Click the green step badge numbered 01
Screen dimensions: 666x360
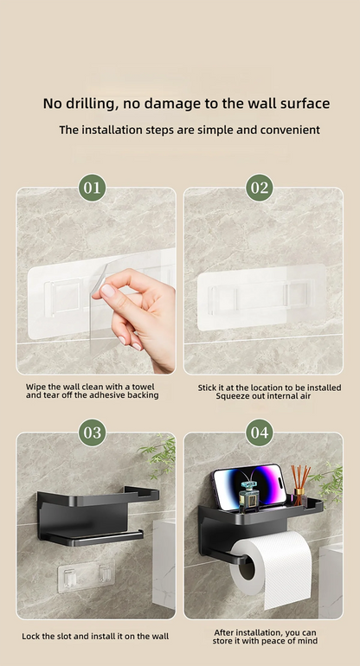pyautogui.click(x=93, y=187)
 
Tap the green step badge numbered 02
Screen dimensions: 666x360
pyautogui.click(x=259, y=187)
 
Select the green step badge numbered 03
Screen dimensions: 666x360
pyautogui.click(x=93, y=432)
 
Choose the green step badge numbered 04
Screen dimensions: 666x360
pyautogui.click(x=259, y=432)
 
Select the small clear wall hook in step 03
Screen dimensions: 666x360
pyautogui.click(x=87, y=577)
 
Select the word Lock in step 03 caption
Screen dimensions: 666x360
pyautogui.click(x=31, y=636)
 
